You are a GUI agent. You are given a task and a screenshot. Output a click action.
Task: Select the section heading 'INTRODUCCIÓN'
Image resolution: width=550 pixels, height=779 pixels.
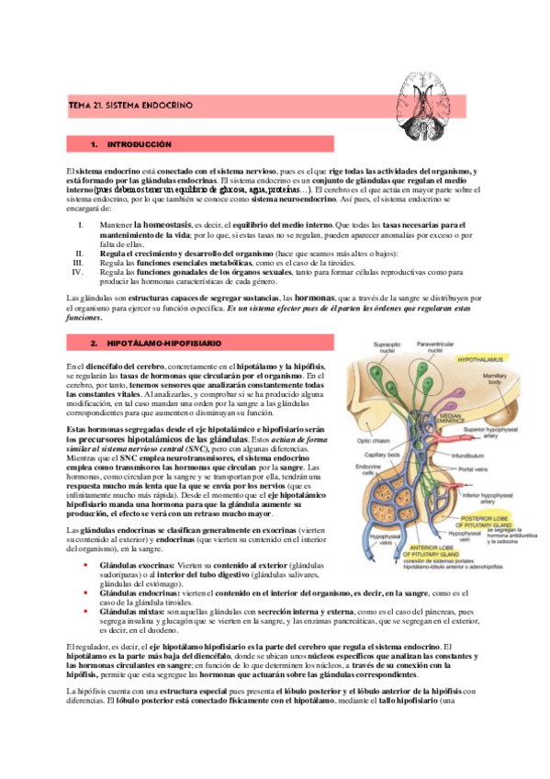[x=139, y=146]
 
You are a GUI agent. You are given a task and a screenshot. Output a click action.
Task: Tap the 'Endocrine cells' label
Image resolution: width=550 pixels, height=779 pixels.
[x=354, y=495]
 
